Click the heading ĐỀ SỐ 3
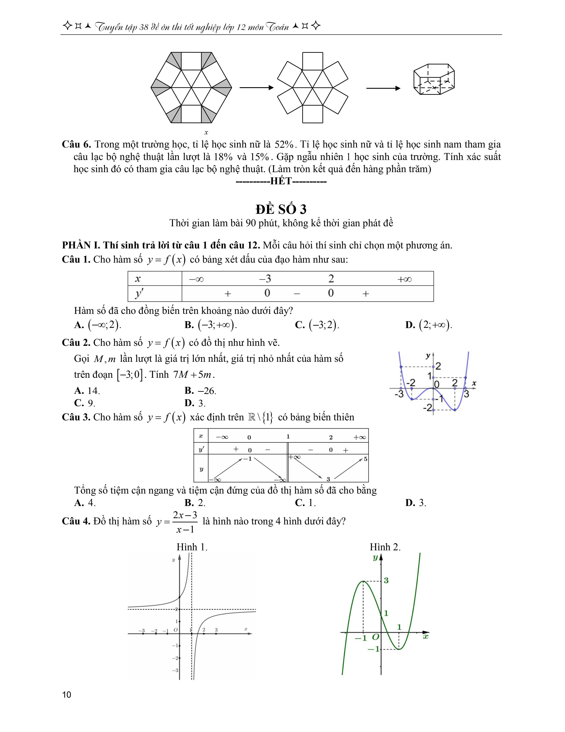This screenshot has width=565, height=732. (x=281, y=209)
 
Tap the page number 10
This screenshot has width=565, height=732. (x=67, y=695)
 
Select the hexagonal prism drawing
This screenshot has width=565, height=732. (x=434, y=79)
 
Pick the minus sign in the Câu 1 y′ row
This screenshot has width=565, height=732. (x=296, y=294)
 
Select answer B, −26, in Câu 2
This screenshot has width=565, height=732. (x=200, y=390)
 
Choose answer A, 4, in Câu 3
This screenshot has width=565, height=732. (x=85, y=503)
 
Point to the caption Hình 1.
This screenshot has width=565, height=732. (x=192, y=547)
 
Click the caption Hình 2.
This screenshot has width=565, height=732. (x=385, y=547)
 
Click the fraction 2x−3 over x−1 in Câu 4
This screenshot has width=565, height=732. (x=185, y=522)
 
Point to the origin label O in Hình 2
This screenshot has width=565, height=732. (x=376, y=636)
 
